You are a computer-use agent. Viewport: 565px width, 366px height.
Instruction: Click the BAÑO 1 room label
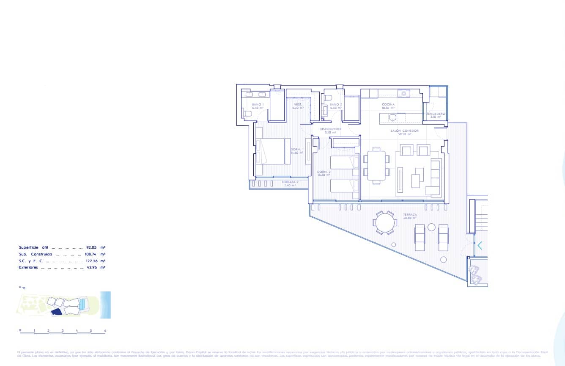(x=258, y=104)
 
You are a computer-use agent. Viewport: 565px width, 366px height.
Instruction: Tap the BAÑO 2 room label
(x=335, y=104)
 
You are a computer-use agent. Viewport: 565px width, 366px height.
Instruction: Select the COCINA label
(x=388, y=104)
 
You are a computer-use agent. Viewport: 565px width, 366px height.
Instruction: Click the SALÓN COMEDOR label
(x=405, y=131)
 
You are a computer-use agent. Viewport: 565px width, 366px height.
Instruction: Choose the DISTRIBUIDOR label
(x=330, y=129)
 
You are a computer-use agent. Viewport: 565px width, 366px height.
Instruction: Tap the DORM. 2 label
(x=324, y=172)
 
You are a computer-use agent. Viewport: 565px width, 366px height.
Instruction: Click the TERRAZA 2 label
(x=290, y=182)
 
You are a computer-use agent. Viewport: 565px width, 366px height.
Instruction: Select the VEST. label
(x=298, y=104)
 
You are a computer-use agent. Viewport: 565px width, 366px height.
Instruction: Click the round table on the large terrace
(x=385, y=222)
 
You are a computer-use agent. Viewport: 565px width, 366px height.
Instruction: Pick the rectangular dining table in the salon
(x=376, y=165)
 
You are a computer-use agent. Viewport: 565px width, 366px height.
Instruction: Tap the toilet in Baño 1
(x=247, y=114)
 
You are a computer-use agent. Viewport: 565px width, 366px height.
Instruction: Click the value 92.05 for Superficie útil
(x=92, y=247)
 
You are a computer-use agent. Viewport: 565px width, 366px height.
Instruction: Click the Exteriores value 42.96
(x=92, y=267)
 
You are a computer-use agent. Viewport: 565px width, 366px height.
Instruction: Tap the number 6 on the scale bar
(x=105, y=330)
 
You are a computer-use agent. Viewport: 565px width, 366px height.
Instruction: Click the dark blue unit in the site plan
(x=55, y=312)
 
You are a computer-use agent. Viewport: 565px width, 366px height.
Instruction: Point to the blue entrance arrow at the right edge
(x=480, y=245)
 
